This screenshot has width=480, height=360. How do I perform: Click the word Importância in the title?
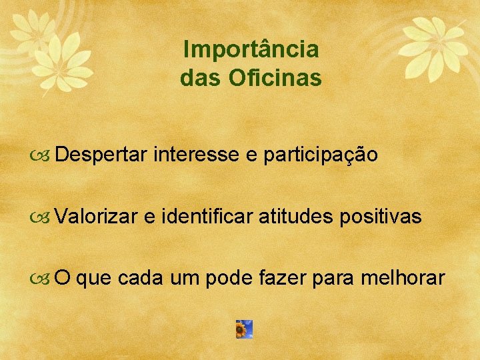(251, 50)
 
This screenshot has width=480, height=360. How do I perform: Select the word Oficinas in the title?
(275, 79)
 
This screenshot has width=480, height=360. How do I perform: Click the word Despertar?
(101, 155)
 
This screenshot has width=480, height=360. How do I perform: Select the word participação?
(321, 155)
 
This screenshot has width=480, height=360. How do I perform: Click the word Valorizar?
(97, 216)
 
